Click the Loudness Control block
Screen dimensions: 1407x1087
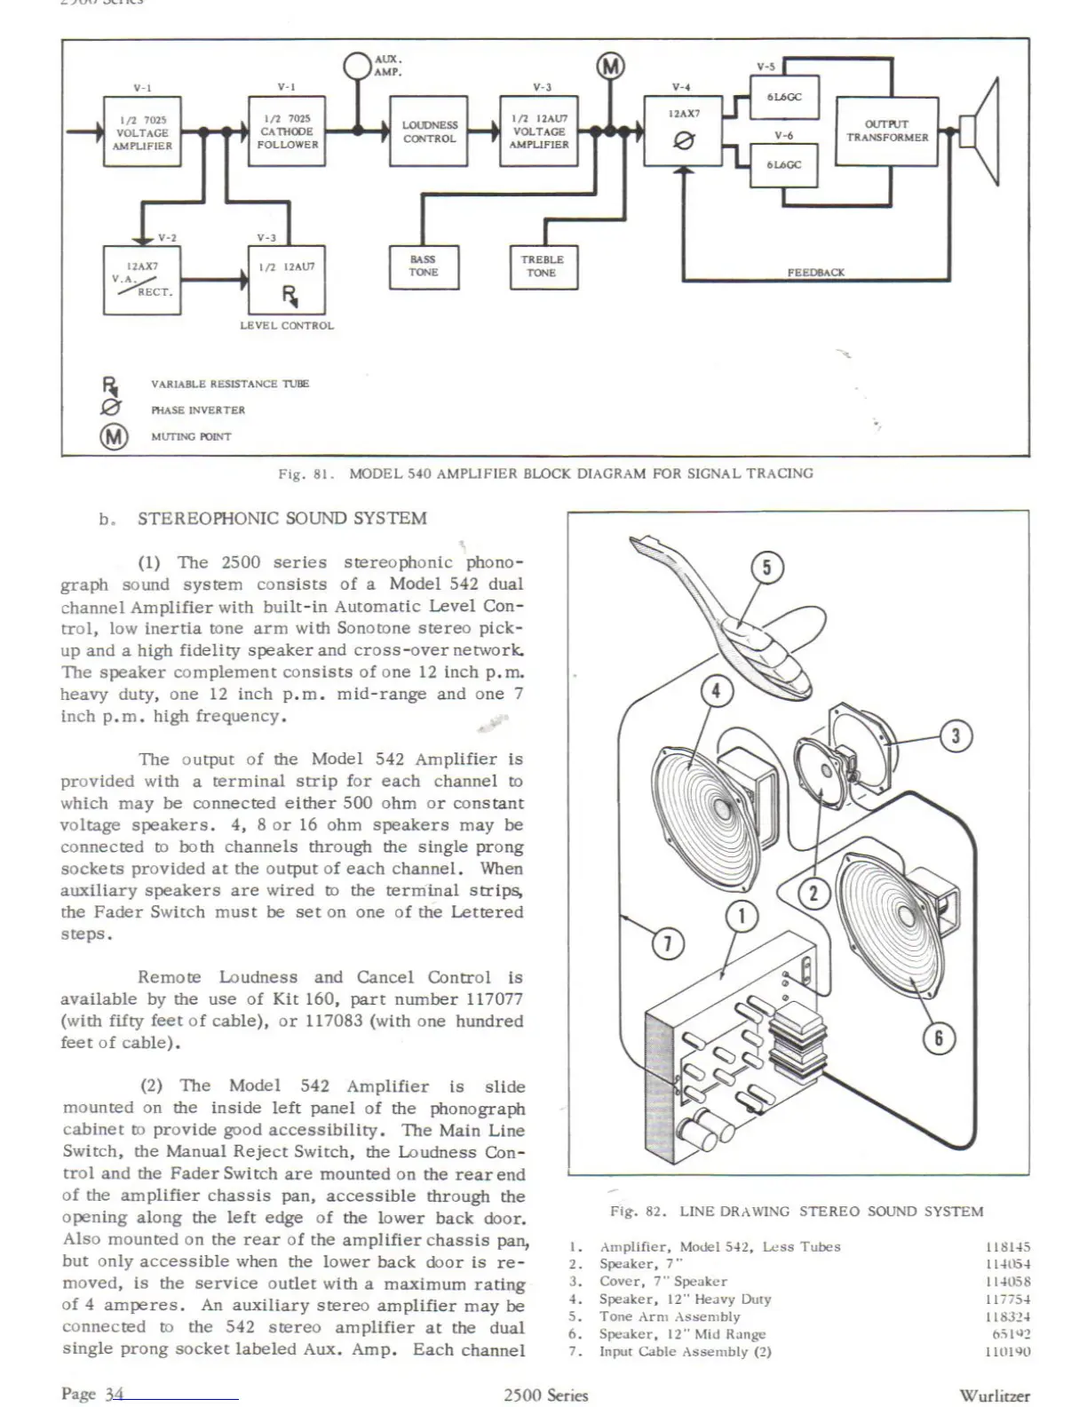pos(429,131)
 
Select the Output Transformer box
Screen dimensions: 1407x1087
pos(886,131)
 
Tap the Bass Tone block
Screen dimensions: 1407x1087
pos(423,266)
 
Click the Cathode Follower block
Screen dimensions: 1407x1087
pos(287,131)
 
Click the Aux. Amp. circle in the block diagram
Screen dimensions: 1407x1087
pos(357,66)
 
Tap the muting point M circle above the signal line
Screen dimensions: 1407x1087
pos(610,66)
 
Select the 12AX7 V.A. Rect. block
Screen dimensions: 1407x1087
pos(142,279)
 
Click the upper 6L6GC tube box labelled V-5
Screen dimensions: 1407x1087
pos(784,97)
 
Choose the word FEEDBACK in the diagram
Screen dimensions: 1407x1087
pos(815,273)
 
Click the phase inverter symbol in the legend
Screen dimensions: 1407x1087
pos(111,409)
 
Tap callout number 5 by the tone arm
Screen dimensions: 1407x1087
pos(767,568)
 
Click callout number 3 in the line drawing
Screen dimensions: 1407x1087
pos(956,735)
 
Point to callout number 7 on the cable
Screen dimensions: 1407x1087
pos(668,943)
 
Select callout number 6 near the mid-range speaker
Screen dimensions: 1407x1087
pos(940,1037)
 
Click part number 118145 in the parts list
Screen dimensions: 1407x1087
pos(1008,1247)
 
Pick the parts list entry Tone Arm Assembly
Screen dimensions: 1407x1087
pos(670,1316)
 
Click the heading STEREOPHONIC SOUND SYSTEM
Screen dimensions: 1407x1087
pos(282,519)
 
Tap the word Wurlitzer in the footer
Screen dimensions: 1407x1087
pos(995,1395)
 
